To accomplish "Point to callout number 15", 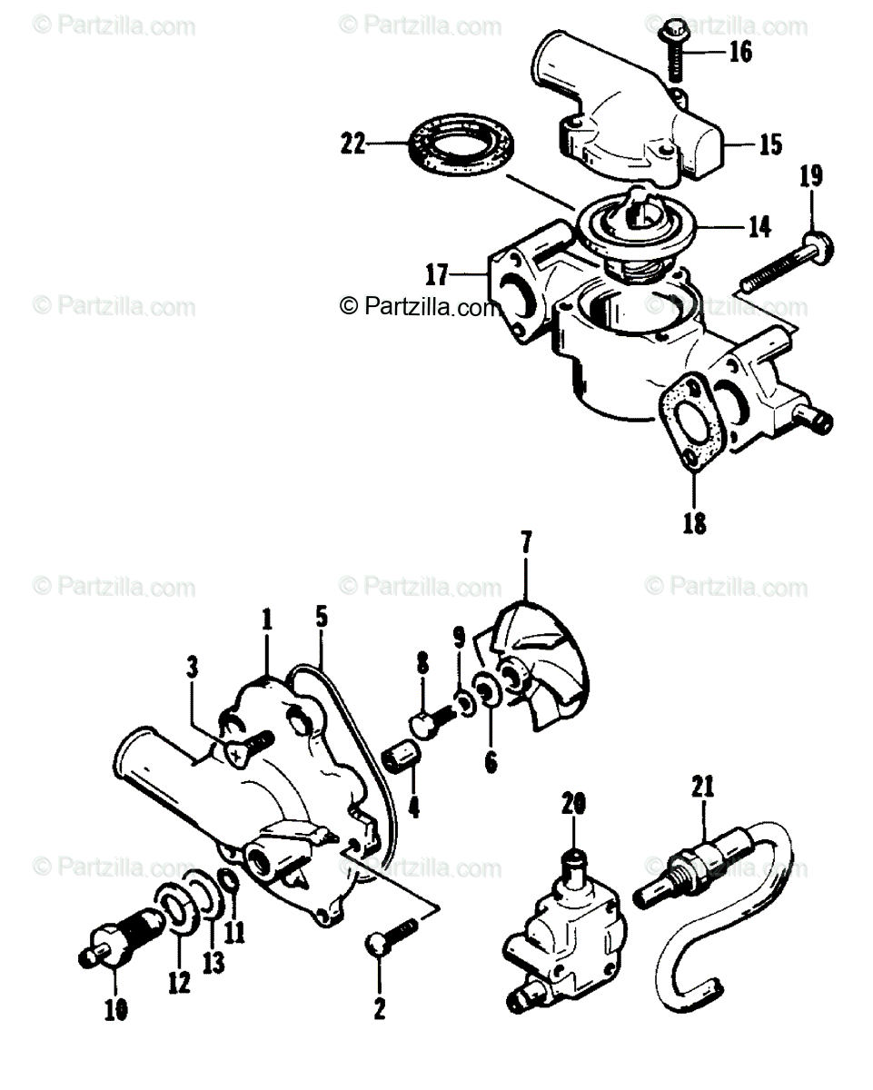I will click(769, 144).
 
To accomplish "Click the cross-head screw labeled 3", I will click(242, 747).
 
